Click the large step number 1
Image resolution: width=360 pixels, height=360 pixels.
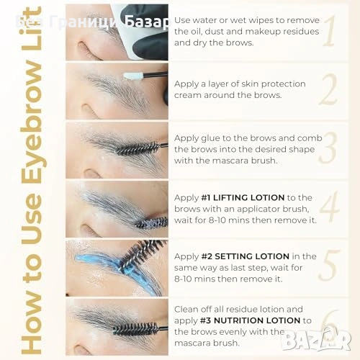(x=329, y=31)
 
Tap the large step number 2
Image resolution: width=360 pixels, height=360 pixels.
(x=328, y=89)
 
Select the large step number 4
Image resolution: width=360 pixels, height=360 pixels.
(x=330, y=207)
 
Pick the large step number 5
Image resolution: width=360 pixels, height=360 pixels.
(x=330, y=265)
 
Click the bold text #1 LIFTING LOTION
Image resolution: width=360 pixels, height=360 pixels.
(x=243, y=198)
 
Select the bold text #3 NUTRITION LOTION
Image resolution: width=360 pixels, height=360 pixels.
(x=251, y=320)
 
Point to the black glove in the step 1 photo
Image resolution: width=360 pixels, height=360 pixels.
(x=150, y=34)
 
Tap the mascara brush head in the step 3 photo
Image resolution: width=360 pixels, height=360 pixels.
(x=138, y=148)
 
